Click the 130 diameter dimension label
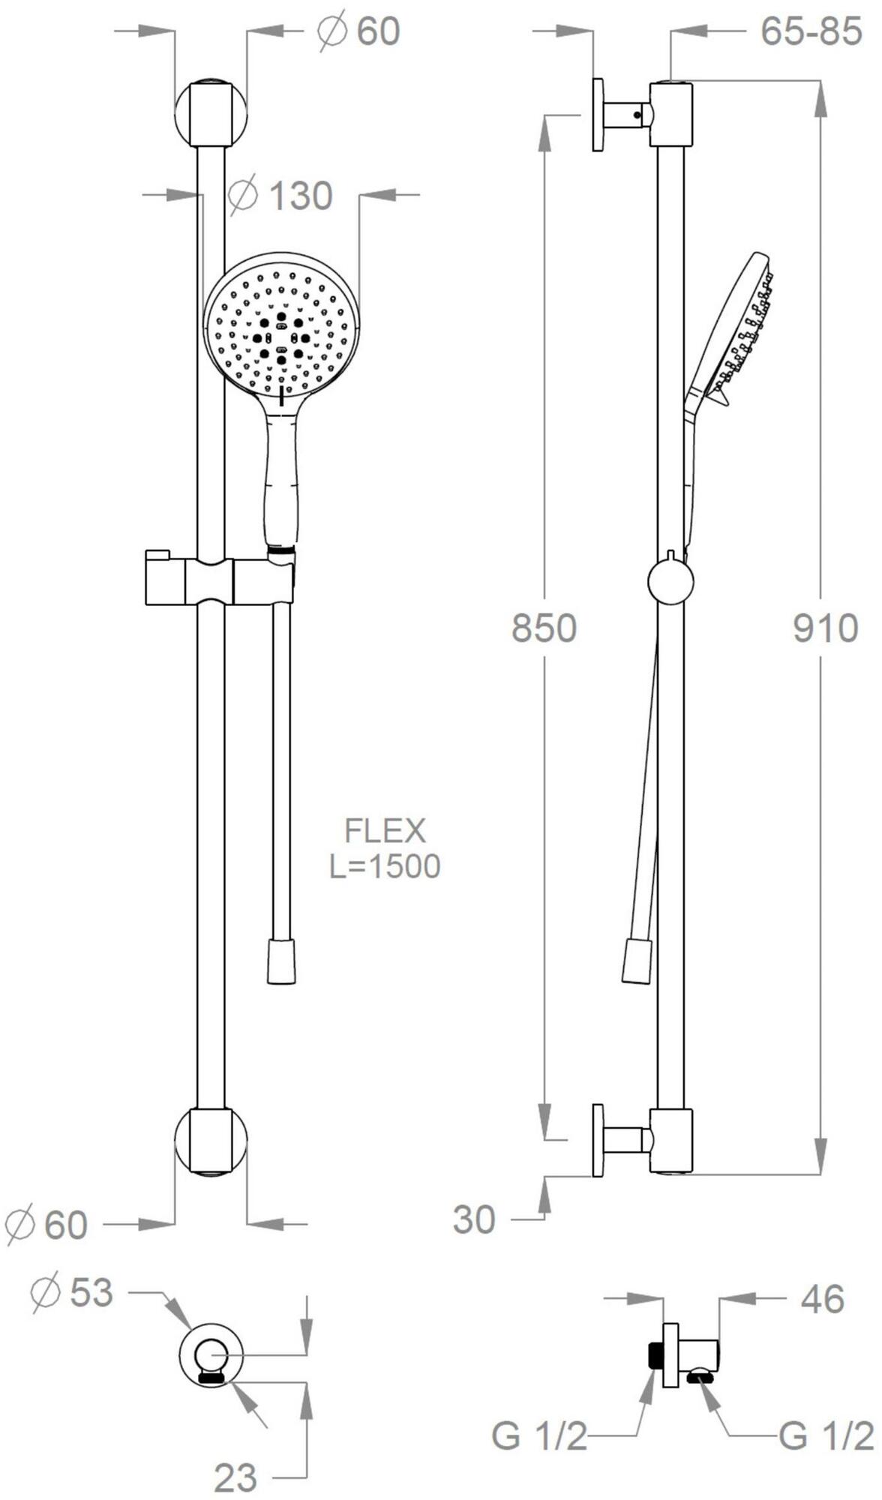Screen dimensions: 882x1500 pyautogui.click(x=280, y=196)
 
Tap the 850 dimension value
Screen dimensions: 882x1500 pyautogui.click(x=544, y=628)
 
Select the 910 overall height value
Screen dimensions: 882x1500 pyautogui.click(x=826, y=628)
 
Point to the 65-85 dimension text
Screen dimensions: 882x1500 pyautogui.click(x=811, y=31)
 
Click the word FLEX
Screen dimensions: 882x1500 pyautogui.click(x=385, y=831)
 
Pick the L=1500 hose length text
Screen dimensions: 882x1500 pyautogui.click(x=385, y=866)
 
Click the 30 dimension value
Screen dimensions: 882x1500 pyautogui.click(x=474, y=1220)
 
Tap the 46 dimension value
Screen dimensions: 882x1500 pyautogui.click(x=822, y=1299)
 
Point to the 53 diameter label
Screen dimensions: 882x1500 pyautogui.click(x=73, y=1292)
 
